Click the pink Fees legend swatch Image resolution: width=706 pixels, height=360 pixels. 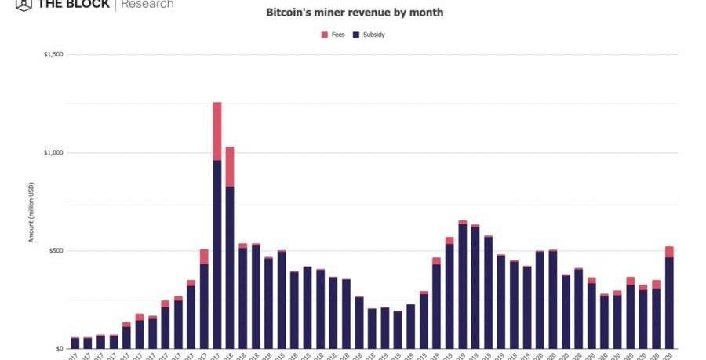[x=325, y=35]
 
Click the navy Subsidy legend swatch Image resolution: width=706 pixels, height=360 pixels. [x=356, y=35]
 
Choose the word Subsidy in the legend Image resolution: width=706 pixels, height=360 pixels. [x=373, y=35]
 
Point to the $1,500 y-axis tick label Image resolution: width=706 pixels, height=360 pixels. [x=53, y=55]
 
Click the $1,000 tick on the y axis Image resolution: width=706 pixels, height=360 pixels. [x=53, y=153]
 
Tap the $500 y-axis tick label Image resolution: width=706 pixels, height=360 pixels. [x=56, y=251]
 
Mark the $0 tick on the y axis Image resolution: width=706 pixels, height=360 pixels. [x=60, y=349]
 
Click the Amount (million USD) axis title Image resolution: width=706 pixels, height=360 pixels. [x=31, y=212]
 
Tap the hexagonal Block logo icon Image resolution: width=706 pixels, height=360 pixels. [x=23, y=4]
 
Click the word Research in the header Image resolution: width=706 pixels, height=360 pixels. [x=147, y=4]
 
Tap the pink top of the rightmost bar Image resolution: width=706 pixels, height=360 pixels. [x=669, y=252]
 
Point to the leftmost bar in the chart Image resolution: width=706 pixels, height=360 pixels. [x=75, y=343]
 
